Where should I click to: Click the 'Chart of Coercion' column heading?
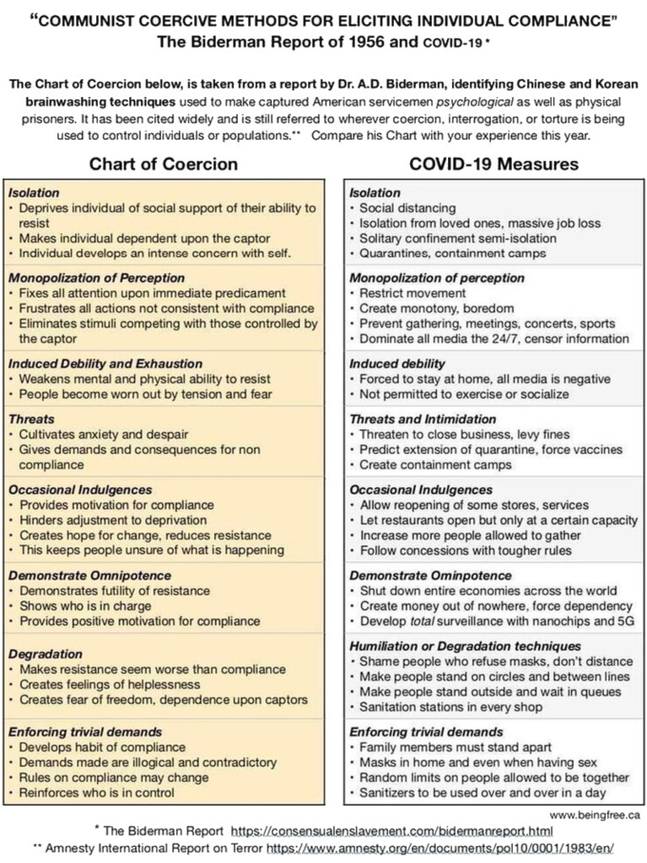[x=164, y=163]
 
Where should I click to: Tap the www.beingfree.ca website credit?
[x=594, y=815]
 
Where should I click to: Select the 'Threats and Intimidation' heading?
[x=423, y=419]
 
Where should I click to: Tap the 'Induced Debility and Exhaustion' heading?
[x=105, y=363]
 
